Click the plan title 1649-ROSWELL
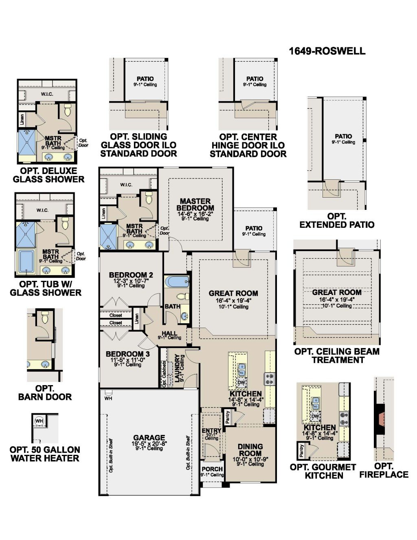[x=327, y=51]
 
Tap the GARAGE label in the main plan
[x=149, y=438]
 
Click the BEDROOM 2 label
[x=131, y=275]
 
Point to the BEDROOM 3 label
[x=127, y=354]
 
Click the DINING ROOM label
[x=250, y=450]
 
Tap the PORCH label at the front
[x=212, y=469]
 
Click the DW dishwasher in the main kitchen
[x=241, y=382]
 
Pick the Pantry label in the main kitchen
[x=228, y=416]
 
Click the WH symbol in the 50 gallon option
[x=40, y=421]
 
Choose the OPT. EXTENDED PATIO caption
[x=337, y=220]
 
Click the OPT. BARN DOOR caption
[x=45, y=393]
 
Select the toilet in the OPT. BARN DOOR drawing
[x=45, y=317]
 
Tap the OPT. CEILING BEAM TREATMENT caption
[x=337, y=355]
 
